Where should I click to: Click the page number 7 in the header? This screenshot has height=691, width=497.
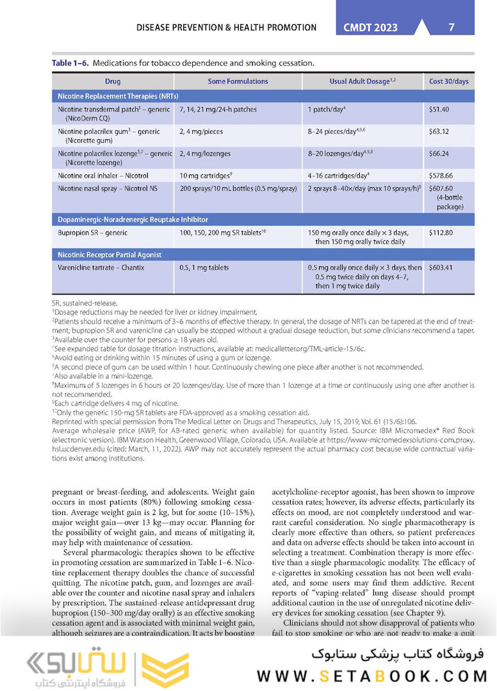coord(452,27)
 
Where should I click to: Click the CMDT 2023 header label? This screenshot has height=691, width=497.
coord(371,28)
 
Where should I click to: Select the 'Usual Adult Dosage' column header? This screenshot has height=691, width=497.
coord(362,81)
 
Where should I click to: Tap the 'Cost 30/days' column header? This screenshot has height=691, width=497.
coord(448,81)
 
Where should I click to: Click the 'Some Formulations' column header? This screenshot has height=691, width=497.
coord(238,81)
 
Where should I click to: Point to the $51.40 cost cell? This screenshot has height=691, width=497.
coord(439,110)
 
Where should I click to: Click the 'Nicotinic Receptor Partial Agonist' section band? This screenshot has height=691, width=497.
coord(110,254)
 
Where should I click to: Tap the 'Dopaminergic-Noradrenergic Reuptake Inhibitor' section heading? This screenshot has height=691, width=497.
coord(133,220)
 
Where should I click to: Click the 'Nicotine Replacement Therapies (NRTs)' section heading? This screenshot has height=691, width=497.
coord(118,95)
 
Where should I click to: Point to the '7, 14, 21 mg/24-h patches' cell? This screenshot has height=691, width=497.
coord(218,110)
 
